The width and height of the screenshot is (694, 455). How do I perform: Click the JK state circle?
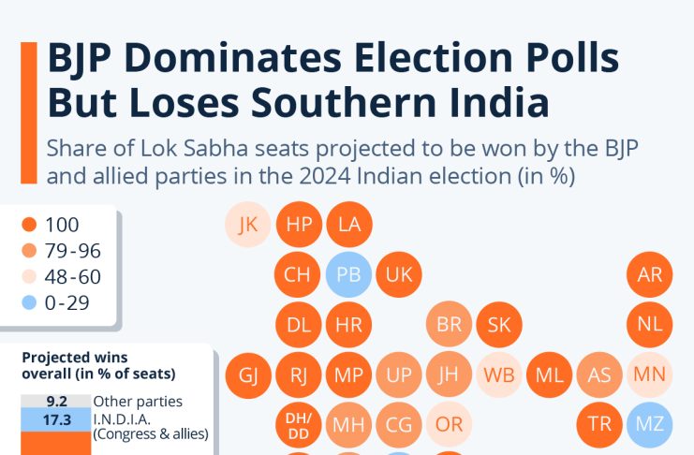coord(248,225)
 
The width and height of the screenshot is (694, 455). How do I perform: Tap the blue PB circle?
coord(349,275)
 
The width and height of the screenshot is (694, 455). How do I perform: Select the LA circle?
coord(349,225)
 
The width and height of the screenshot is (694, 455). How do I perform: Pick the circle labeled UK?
coord(399,275)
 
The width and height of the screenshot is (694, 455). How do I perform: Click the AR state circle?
coord(649,275)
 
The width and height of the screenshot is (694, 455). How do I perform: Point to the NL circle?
coord(649,325)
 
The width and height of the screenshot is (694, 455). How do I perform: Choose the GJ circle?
coord(248,374)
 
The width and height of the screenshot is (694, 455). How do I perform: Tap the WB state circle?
coord(499,374)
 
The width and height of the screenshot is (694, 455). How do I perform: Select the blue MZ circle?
coord(649,424)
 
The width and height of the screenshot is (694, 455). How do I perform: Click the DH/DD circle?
coord(299,424)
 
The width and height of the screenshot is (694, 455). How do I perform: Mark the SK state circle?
coord(499,325)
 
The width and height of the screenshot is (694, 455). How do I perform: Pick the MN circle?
coord(649,374)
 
